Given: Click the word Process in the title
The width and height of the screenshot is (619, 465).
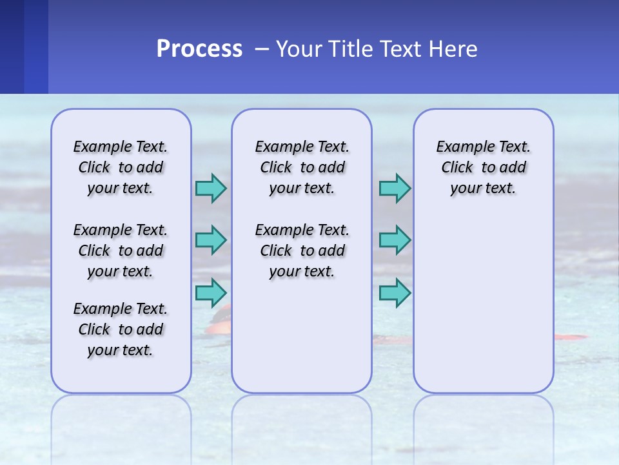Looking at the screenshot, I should pyautogui.click(x=199, y=49).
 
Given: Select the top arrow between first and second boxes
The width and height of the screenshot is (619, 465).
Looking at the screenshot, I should pyautogui.click(x=211, y=188).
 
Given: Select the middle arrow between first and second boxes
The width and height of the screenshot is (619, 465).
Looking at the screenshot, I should pyautogui.click(x=211, y=240).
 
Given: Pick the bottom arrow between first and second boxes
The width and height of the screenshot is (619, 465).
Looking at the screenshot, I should pyautogui.click(x=211, y=292).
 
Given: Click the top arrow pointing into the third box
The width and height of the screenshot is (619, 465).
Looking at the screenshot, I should pyautogui.click(x=395, y=188).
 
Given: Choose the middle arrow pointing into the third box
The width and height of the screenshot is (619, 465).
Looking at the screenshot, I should pyautogui.click(x=395, y=240).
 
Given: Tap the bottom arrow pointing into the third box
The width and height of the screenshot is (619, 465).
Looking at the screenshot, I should pyautogui.click(x=395, y=292).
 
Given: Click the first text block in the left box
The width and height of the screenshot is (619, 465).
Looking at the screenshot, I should pyautogui.click(x=121, y=167).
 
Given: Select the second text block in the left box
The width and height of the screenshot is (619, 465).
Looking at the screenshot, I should pyautogui.click(x=121, y=251).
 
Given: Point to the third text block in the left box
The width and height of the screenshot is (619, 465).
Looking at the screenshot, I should pyautogui.click(x=121, y=329).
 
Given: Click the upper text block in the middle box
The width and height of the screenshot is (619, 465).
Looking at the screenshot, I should pyautogui.click(x=302, y=167).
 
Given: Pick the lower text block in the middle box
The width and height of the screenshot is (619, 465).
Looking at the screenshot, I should pyautogui.click(x=302, y=251).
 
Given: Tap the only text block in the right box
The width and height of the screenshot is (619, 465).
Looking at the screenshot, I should pyautogui.click(x=483, y=167).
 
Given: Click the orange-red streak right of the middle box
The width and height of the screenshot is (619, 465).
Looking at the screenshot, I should pyautogui.click(x=571, y=337).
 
